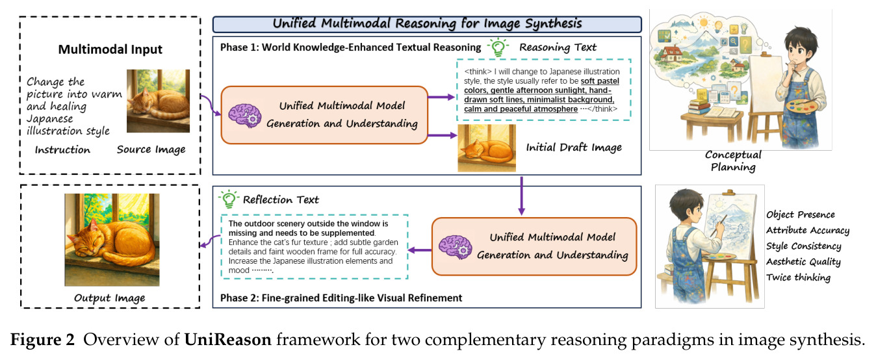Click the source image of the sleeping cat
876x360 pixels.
point(158,101)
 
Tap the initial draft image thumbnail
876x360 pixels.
point(487,148)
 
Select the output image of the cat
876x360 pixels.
point(112,240)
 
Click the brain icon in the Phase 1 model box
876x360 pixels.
point(245,116)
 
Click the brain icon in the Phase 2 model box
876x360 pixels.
point(455,248)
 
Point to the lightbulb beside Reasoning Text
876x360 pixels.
point(498,47)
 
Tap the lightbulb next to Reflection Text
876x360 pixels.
point(229,199)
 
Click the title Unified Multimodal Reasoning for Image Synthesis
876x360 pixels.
point(427,24)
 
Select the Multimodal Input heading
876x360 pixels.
point(110,49)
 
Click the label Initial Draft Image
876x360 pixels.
point(574,148)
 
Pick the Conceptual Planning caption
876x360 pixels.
point(733,161)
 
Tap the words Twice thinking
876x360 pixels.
point(798,277)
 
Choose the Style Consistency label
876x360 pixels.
point(804,246)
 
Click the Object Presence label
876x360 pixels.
point(801,214)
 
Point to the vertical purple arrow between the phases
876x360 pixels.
point(521,196)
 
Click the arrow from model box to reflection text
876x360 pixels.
point(420,250)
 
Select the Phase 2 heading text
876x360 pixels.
point(341,298)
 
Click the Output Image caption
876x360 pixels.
point(109,298)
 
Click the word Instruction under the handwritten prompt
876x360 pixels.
point(62,149)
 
